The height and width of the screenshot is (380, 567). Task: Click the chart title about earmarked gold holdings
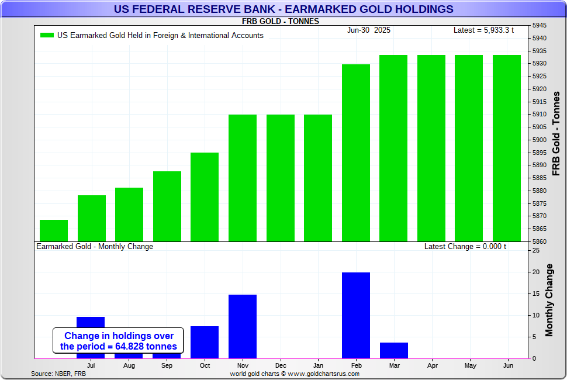point(283,9)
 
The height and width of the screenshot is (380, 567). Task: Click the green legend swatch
point(47,35)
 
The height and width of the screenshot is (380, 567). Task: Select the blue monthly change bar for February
point(355,315)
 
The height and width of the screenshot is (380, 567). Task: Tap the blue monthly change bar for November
point(243,326)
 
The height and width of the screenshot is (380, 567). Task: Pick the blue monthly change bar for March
point(393,350)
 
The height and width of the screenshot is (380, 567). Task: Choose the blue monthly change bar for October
point(205,342)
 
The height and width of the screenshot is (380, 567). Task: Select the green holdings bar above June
point(506,148)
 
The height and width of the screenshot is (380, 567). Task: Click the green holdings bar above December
point(281,178)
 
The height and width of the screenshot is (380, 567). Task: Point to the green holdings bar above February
point(355,153)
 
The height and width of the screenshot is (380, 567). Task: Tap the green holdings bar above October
point(205,196)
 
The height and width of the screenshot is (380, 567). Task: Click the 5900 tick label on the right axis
point(540,140)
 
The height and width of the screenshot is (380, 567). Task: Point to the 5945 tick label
point(540,26)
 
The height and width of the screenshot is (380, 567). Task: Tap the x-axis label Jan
point(318,365)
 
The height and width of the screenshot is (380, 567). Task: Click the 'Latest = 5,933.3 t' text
point(483,30)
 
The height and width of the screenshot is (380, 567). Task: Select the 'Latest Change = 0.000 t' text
point(465,247)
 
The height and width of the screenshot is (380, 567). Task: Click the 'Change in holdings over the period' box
point(119,341)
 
